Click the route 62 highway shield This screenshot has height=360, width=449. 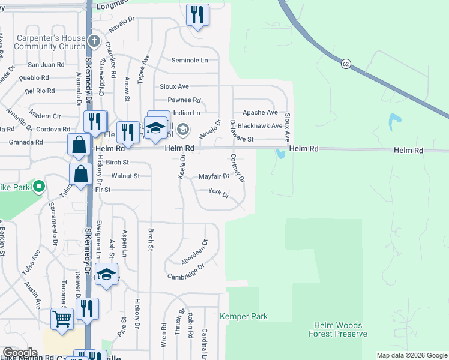[345, 64]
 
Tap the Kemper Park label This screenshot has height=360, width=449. [244, 316]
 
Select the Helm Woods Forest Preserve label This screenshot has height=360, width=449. [337, 329]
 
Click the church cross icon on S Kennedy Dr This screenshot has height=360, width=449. [94, 41]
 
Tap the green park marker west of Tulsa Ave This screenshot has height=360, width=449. [39, 187]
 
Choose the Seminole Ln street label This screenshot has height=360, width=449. [189, 61]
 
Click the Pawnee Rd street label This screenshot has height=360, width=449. [184, 100]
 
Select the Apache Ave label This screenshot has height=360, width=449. [260, 112]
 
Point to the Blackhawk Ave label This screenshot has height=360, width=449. [260, 126]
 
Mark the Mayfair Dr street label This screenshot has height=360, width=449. [214, 176]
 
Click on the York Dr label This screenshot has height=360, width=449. [218, 193]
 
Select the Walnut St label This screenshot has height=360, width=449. [125, 176]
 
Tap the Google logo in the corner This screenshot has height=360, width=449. [20, 353]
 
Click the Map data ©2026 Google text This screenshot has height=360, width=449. [411, 355]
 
